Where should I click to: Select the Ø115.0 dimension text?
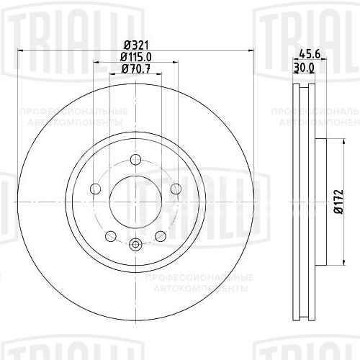[x=135, y=57]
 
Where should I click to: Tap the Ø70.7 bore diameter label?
[x=135, y=69]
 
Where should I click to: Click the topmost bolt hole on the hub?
[x=135, y=161]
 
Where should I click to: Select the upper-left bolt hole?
[x=94, y=189]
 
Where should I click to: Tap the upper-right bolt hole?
[x=175, y=189]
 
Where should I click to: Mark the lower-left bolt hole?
[x=109, y=236]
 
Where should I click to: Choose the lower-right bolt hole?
[x=160, y=236]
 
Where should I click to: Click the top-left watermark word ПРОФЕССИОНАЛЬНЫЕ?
[x=74, y=112]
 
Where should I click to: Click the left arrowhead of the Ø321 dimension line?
[x=19, y=51]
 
